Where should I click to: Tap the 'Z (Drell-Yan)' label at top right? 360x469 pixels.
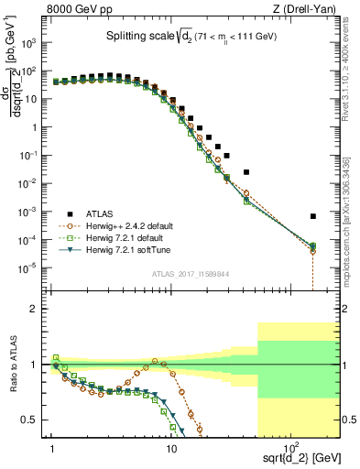pos(308,10)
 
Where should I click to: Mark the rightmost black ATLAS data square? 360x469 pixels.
pos(313,216)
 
